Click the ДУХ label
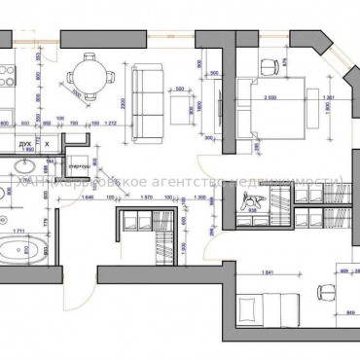pyautogui.click(x=26, y=143)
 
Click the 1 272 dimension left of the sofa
pyautogui.click(x=111, y=125)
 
